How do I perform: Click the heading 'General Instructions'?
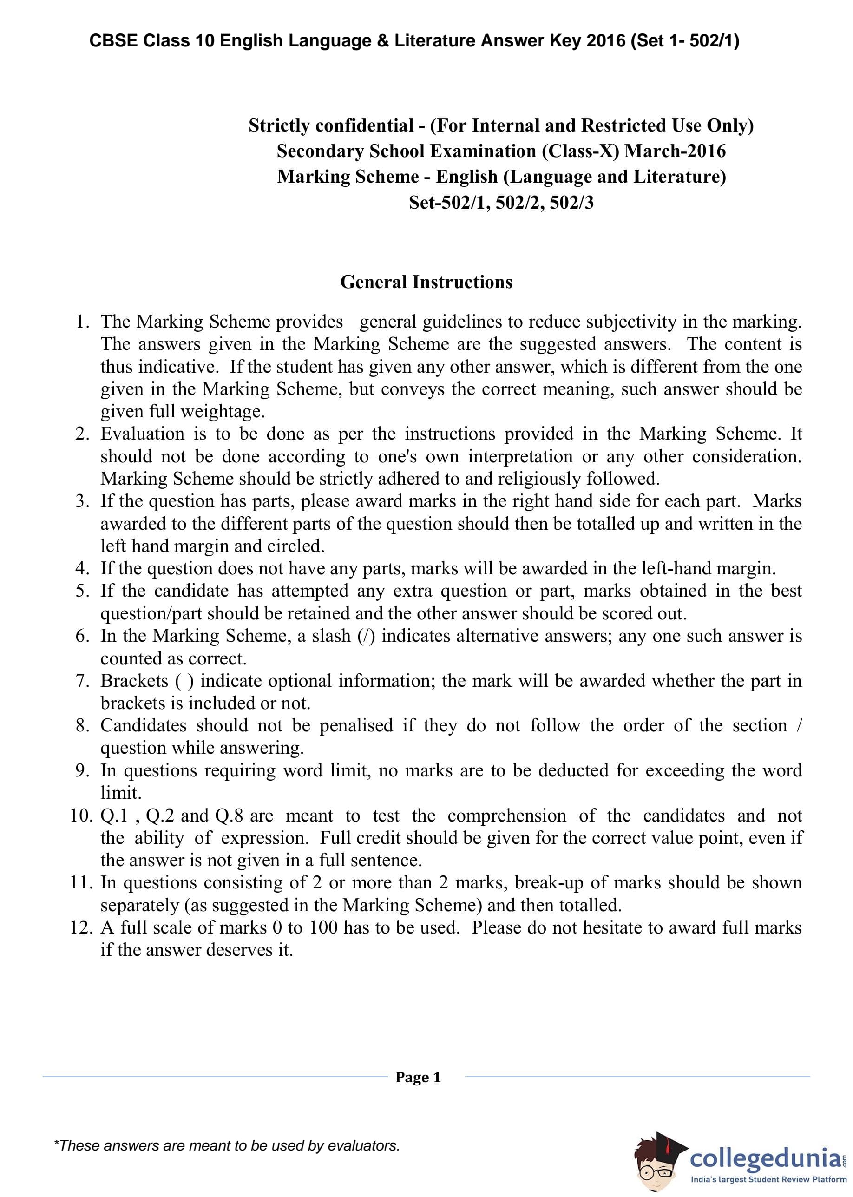pyautogui.click(x=426, y=282)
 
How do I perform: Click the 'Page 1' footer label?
pyautogui.click(x=418, y=1077)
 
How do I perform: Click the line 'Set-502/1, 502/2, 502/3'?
pyautogui.click(x=501, y=202)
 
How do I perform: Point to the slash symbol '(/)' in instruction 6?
pyautogui.click(x=366, y=636)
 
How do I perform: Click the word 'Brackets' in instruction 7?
pyautogui.click(x=134, y=680)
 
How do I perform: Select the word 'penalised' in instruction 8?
pyautogui.click(x=356, y=725)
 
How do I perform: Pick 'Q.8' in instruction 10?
pyautogui.click(x=229, y=815)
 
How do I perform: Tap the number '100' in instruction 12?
pyautogui.click(x=323, y=927)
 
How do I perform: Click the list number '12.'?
pyautogui.click(x=81, y=927)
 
